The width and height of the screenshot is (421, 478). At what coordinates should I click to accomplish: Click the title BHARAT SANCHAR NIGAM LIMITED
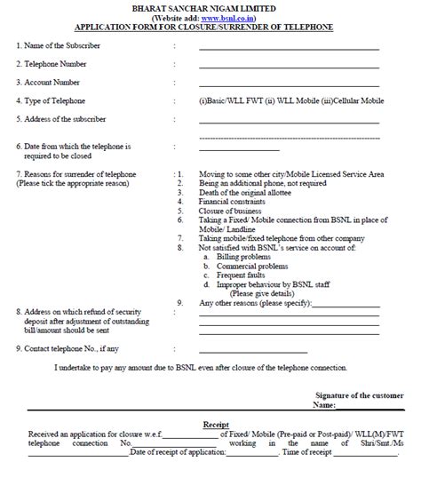pyautogui.click(x=210, y=7)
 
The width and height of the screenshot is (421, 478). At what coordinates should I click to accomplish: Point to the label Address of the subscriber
pyautogui.click(x=60, y=118)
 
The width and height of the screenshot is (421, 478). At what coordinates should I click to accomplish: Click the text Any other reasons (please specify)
pyautogui.click(x=258, y=304)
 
